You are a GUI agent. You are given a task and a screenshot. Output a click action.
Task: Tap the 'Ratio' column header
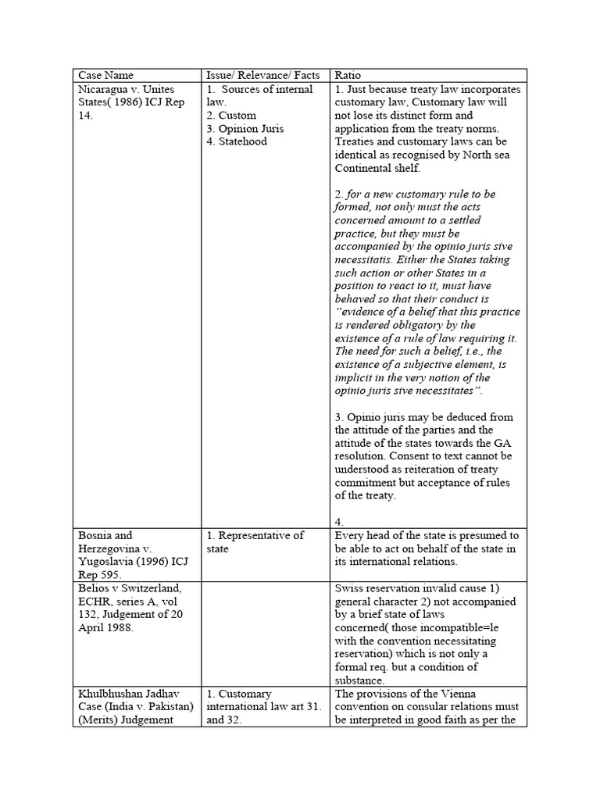tap(348, 75)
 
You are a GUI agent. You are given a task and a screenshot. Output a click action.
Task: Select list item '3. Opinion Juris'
tap(245, 129)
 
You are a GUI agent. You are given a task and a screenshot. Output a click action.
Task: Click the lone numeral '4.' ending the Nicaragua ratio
tap(339, 521)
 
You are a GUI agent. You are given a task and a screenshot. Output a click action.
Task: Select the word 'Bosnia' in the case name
tap(95, 536)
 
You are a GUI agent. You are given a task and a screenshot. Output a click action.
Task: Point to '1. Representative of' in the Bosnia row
tap(255, 536)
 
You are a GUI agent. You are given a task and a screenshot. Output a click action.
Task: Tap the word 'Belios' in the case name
tap(95, 589)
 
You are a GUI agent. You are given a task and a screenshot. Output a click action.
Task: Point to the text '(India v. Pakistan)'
tap(132, 707)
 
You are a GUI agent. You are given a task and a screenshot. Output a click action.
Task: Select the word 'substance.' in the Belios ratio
tap(361, 681)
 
